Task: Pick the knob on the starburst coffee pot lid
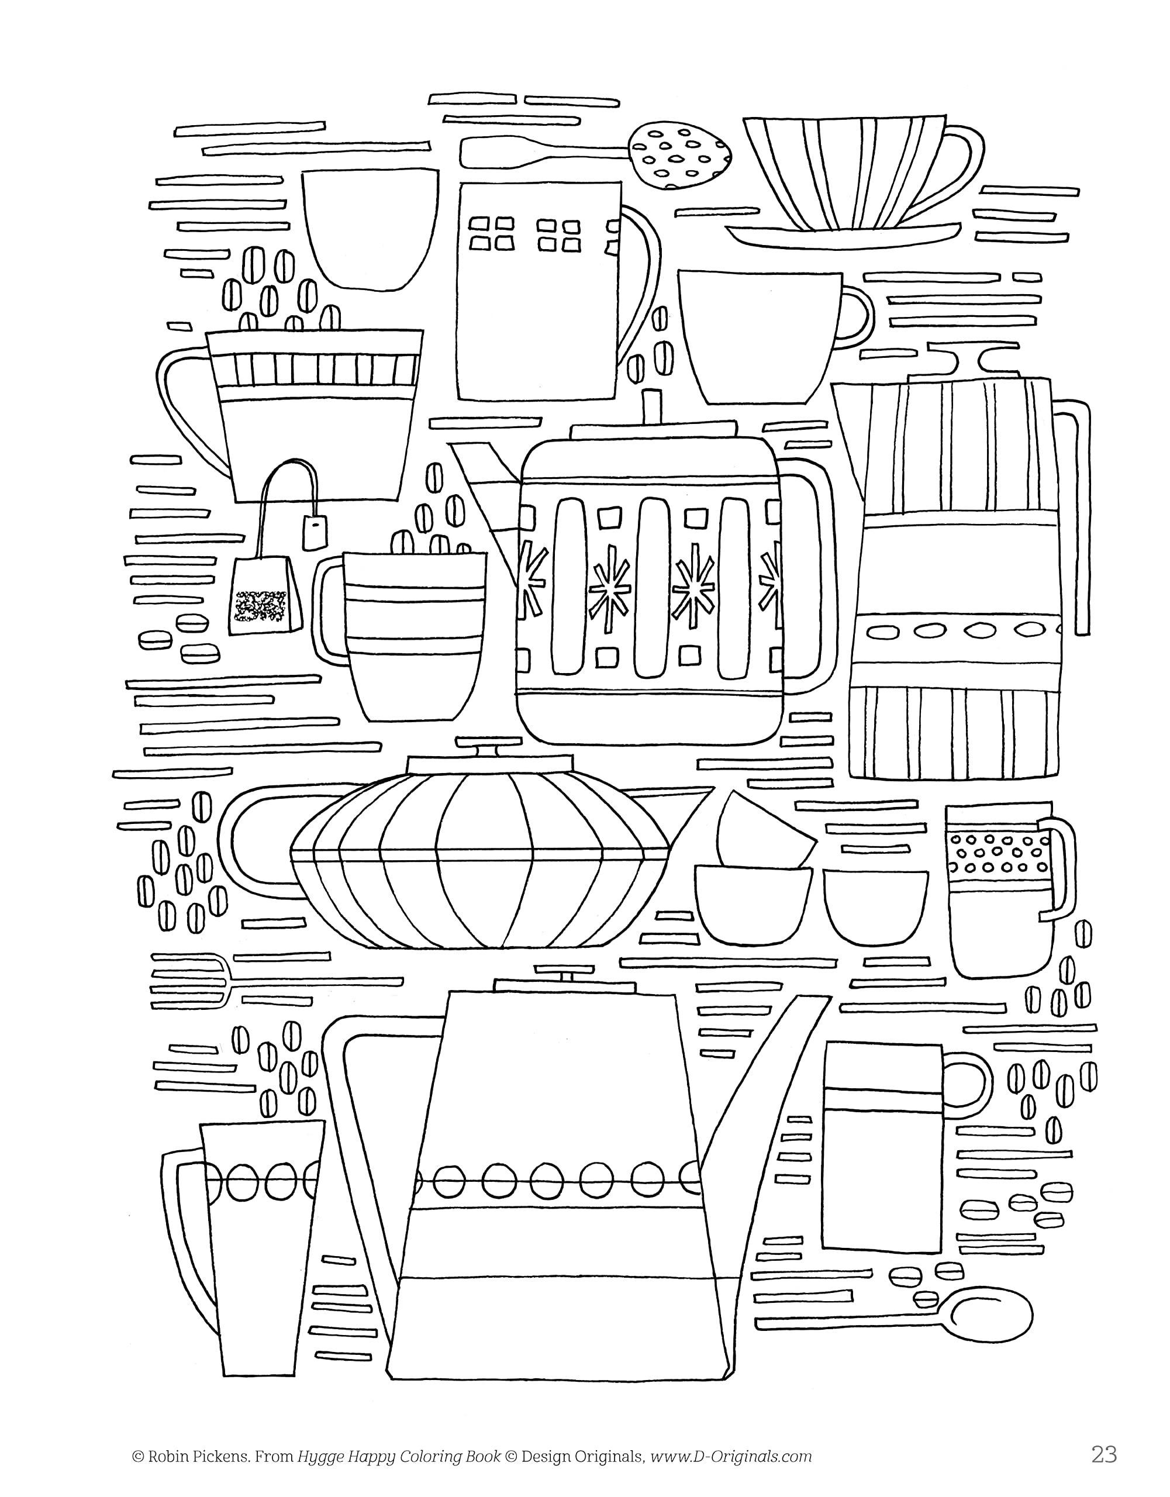[653, 405]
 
